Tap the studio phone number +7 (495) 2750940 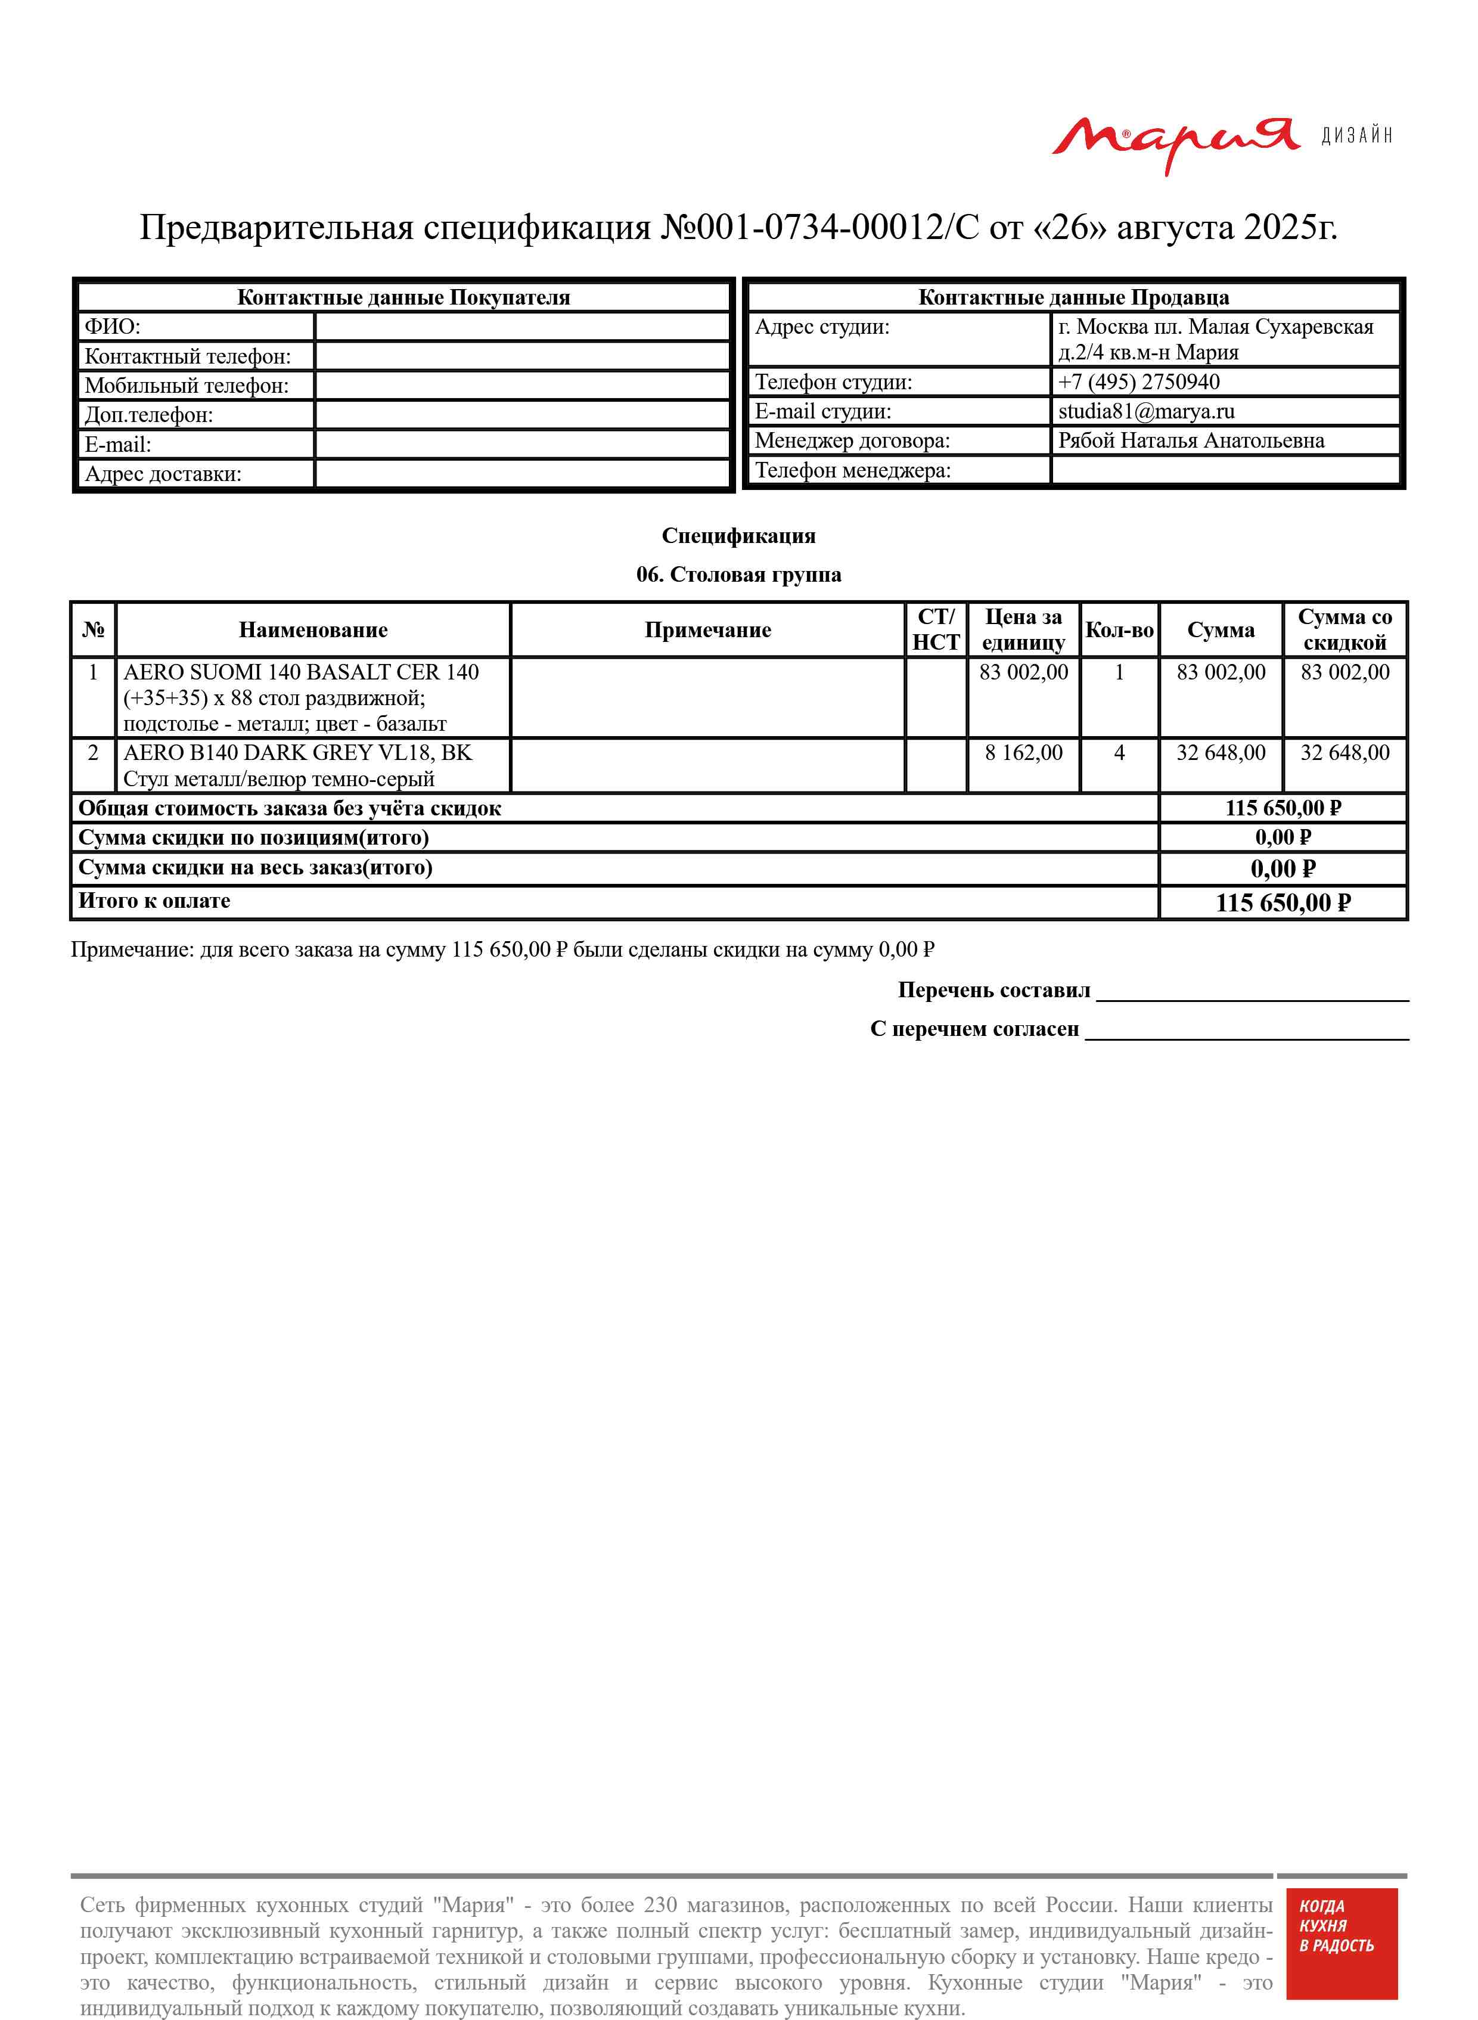tap(1138, 382)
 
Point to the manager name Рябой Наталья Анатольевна tap(1191, 440)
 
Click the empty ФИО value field tap(523, 327)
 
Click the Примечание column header tap(707, 630)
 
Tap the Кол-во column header tap(1119, 630)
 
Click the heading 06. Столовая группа tap(739, 575)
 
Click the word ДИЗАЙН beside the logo tap(1357, 136)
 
